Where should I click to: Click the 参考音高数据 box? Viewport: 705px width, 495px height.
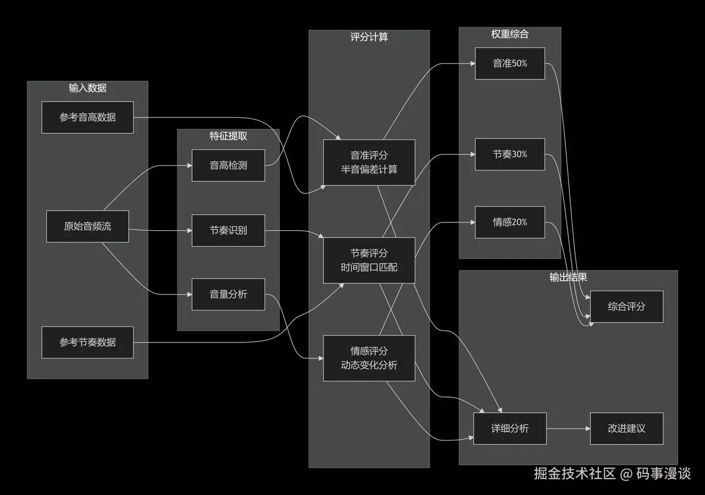pos(88,117)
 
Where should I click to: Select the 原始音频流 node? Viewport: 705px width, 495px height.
pos(88,226)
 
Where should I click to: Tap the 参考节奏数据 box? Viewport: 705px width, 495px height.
pos(88,342)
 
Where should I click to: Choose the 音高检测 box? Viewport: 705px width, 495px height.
pos(228,165)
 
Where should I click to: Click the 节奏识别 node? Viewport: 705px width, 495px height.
pos(228,230)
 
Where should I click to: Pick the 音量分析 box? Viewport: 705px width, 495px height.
pos(228,295)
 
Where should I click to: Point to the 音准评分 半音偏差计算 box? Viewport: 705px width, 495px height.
pos(369,162)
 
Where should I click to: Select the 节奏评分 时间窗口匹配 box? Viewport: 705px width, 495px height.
pos(369,260)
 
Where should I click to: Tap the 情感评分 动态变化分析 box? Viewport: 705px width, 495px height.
pos(369,358)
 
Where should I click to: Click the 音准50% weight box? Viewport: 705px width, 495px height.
pos(510,63)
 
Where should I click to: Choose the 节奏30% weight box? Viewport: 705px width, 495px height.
pos(510,154)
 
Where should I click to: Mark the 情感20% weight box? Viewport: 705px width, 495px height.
pos(510,222)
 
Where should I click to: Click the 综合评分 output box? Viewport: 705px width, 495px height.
pos(626,307)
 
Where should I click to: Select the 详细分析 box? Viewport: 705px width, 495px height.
pos(510,428)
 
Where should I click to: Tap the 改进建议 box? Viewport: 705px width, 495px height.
pos(626,428)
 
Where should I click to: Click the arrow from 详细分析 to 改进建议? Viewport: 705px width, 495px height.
pos(568,428)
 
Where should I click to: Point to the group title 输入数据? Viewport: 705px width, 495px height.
pos(88,88)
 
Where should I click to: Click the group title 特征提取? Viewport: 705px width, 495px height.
pos(228,136)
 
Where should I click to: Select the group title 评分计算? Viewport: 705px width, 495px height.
pos(369,37)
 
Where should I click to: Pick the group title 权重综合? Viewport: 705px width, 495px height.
pos(510,34)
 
